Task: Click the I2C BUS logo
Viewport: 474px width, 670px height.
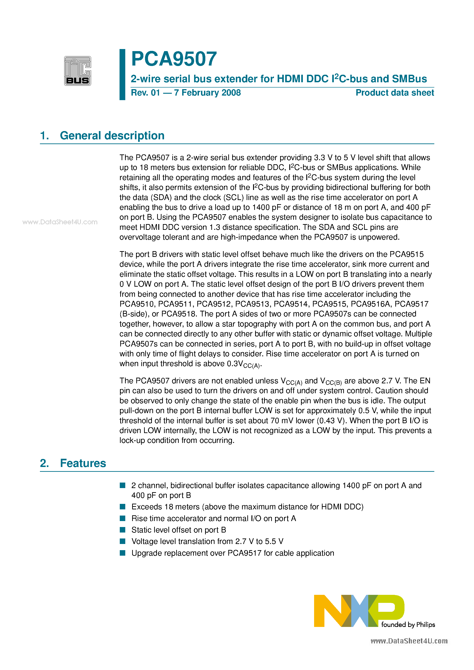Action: point(78,71)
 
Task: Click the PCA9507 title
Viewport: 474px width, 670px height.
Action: point(174,59)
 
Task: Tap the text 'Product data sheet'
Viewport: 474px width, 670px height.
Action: point(395,93)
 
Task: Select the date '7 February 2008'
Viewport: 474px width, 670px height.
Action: point(207,93)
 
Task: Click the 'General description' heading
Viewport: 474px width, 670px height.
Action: point(112,136)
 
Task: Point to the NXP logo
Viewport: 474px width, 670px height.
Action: point(359,611)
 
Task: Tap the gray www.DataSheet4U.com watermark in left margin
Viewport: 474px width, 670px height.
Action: point(60,222)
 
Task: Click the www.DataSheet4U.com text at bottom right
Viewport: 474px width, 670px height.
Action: point(409,641)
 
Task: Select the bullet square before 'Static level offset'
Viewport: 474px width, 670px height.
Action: point(123,530)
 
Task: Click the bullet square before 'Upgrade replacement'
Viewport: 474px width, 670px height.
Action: point(123,553)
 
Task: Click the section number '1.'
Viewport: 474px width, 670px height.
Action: point(45,136)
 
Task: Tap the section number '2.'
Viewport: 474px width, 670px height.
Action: point(45,463)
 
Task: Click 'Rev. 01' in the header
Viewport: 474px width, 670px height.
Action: point(145,93)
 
